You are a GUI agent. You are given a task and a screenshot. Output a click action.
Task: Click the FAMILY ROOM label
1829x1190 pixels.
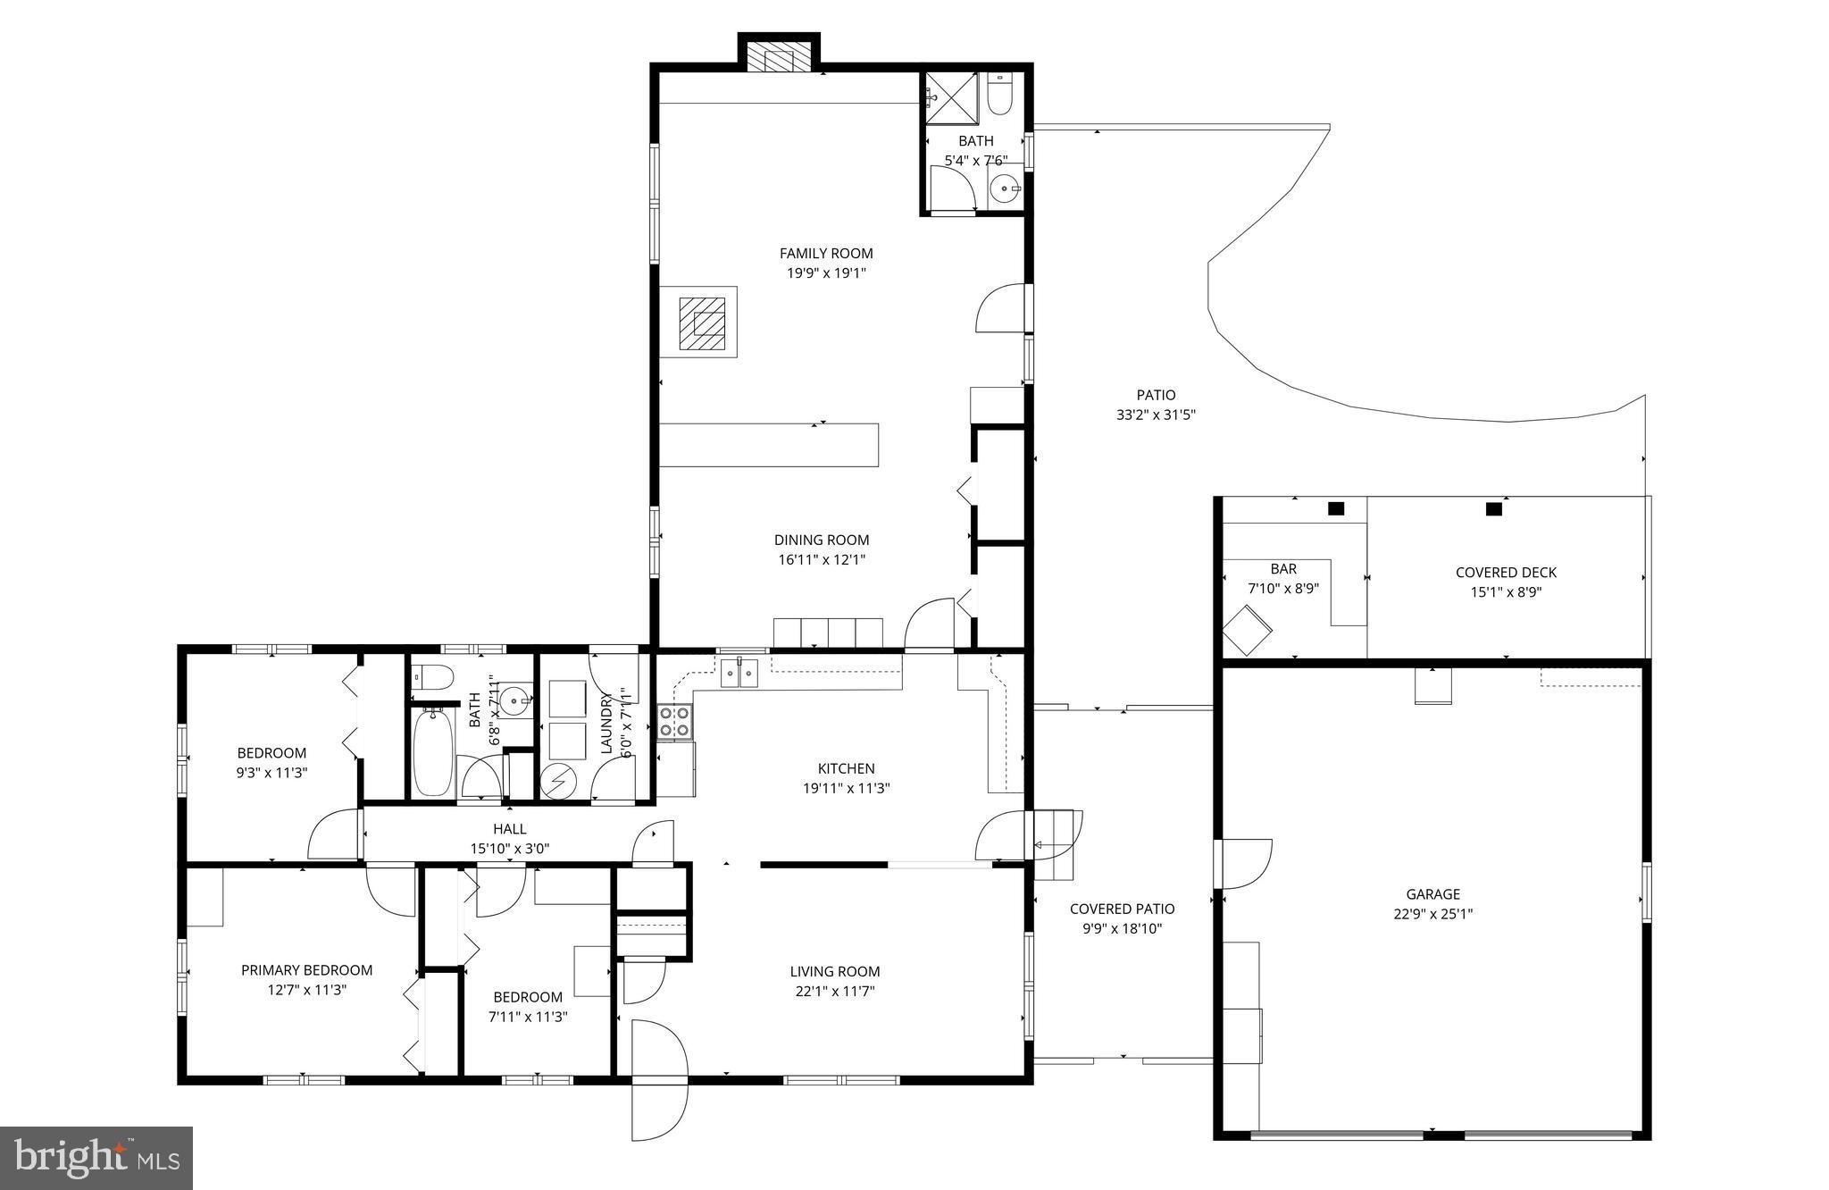click(x=826, y=254)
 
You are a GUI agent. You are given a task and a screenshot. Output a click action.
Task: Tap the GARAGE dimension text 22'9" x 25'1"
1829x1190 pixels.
click(x=1432, y=914)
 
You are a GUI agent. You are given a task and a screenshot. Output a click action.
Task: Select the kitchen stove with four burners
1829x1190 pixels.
click(x=674, y=721)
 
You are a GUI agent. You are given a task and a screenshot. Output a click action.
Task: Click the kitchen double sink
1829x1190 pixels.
click(x=739, y=672)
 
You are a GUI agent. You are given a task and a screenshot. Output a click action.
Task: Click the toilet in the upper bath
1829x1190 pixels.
click(x=999, y=96)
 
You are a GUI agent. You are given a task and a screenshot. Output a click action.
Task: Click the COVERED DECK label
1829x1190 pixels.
click(x=1506, y=573)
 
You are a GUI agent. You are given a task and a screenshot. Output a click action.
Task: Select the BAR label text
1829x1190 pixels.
click(x=1283, y=569)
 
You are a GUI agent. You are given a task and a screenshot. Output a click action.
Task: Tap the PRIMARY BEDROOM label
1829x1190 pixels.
click(x=306, y=970)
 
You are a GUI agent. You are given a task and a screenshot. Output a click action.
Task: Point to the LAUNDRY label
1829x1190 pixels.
click(x=607, y=724)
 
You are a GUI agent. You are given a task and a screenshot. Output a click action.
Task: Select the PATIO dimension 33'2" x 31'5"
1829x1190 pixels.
click(x=1156, y=415)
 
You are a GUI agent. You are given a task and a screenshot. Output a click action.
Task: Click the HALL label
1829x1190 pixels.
click(x=510, y=829)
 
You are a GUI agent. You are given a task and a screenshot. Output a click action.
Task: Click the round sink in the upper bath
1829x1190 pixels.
click(x=1006, y=189)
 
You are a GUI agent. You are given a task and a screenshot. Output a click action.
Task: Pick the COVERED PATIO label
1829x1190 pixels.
click(x=1122, y=909)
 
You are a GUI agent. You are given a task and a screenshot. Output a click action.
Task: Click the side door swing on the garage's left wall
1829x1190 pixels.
click(x=1244, y=863)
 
